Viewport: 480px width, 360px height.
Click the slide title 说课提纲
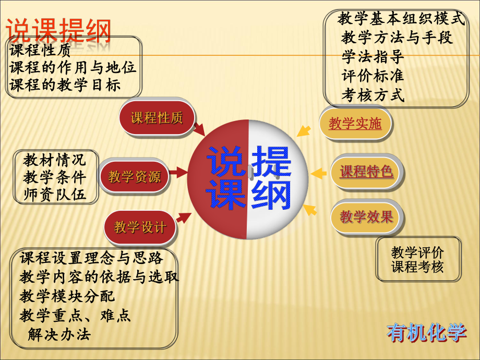58,31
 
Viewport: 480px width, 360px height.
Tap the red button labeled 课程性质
157,118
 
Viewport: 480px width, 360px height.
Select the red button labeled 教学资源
134,177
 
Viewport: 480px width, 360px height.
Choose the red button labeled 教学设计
140,227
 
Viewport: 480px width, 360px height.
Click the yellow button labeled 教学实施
355,124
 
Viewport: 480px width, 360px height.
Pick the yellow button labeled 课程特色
366,171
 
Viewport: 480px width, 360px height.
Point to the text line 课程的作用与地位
73,68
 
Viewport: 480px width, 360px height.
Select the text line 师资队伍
54,195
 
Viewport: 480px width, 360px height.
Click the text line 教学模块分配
67,296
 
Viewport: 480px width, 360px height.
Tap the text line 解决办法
59,334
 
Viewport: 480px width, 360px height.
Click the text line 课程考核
417,267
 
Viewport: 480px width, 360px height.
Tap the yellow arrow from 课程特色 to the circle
318,173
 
